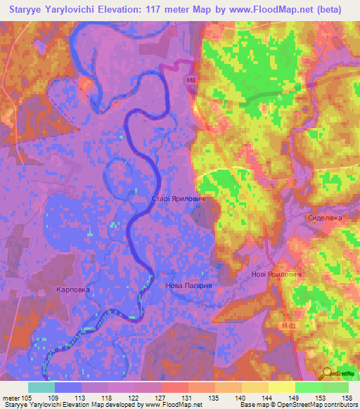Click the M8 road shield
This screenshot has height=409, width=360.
191,81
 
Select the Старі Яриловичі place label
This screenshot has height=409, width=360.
179,200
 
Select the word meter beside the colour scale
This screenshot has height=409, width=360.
11,398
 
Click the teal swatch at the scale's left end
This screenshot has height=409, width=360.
41,387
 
